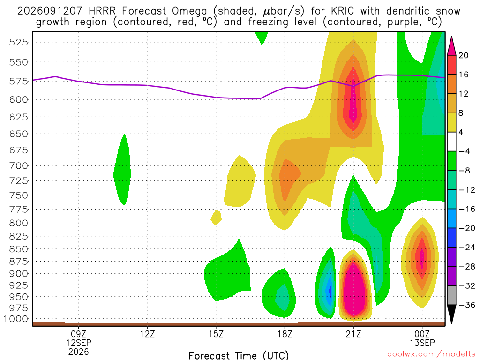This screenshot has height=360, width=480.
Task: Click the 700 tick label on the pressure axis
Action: click(x=19, y=166)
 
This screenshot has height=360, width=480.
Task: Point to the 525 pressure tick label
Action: click(x=19, y=42)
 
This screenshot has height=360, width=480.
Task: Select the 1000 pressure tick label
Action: click(x=16, y=319)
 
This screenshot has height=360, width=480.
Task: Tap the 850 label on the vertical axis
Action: click(x=19, y=249)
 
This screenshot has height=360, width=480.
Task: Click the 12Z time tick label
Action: click(x=147, y=334)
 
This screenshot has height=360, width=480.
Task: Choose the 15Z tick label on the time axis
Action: click(x=216, y=334)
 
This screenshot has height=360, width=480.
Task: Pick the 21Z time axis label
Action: click(x=353, y=334)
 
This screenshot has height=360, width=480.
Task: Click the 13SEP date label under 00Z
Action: click(x=422, y=343)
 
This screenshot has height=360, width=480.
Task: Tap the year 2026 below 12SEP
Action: click(x=79, y=352)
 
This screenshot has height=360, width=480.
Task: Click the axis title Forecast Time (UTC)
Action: click(x=239, y=355)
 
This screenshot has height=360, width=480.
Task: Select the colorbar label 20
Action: click(x=464, y=55)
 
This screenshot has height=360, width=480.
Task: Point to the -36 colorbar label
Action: click(x=467, y=305)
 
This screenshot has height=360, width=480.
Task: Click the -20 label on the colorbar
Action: click(x=467, y=228)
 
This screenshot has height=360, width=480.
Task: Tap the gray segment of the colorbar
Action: click(x=451, y=295)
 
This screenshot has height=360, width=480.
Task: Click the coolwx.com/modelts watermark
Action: click(x=431, y=354)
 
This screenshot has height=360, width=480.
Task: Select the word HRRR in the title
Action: click(x=102, y=11)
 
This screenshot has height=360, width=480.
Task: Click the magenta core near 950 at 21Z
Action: click(x=354, y=288)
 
